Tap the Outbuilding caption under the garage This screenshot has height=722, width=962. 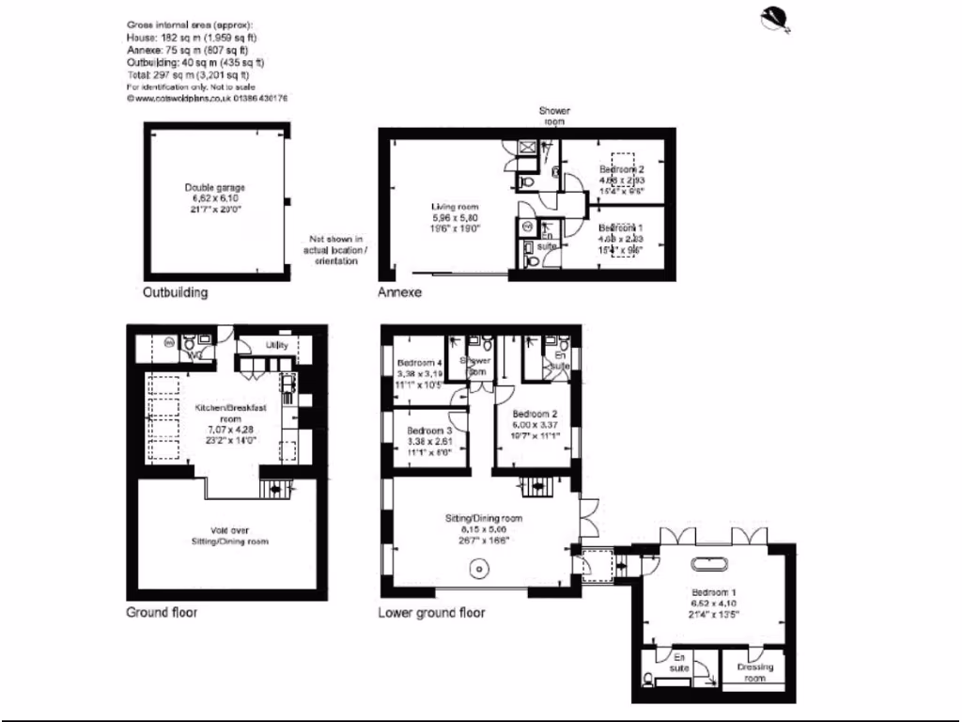[x=175, y=292]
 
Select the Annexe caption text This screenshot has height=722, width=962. [x=399, y=292]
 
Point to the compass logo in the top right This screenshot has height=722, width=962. [x=780, y=19]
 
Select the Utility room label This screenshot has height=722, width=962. [x=276, y=346]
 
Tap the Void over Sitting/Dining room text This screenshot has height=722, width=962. [x=230, y=535]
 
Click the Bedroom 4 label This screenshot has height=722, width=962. [x=419, y=364]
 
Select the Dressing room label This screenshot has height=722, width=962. [x=755, y=671]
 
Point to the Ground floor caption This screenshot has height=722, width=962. [x=162, y=612]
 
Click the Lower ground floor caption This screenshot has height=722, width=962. [x=431, y=612]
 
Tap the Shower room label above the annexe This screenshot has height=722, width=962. [x=553, y=116]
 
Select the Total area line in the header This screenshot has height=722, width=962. [x=187, y=75]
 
